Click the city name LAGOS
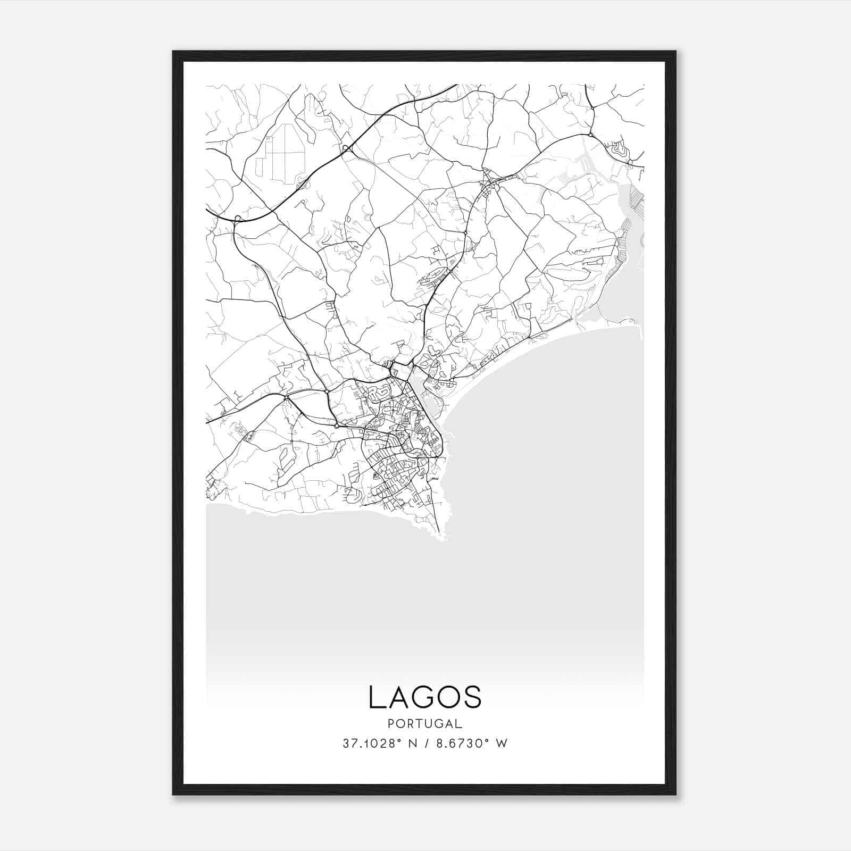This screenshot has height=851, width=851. (424, 697)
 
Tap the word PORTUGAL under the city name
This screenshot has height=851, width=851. (424, 724)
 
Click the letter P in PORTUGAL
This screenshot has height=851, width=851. (391, 724)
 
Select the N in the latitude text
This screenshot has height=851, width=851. (411, 744)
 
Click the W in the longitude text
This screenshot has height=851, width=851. (502, 744)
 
